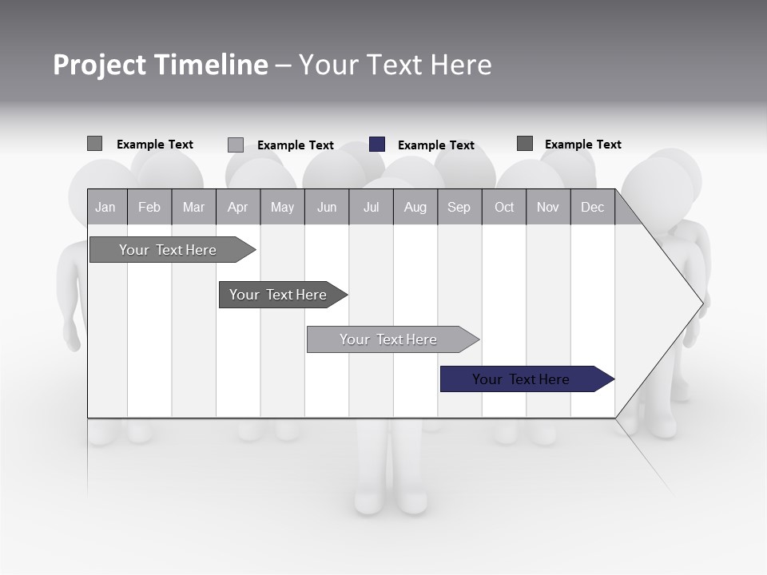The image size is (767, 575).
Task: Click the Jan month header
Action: pos(105,208)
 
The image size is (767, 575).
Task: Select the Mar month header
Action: pos(193,208)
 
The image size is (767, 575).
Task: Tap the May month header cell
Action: pos(282,208)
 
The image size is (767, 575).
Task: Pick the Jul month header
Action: pos(371,208)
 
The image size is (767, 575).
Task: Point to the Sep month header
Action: pos(459,208)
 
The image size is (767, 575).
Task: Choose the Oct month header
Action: pos(504,208)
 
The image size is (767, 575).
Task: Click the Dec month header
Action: pos(592,208)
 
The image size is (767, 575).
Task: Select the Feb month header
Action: pos(149,208)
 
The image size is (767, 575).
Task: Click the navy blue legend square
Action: pos(377,145)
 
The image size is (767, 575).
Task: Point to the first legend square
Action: pos(94,144)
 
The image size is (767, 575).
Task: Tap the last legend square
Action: pos(525,144)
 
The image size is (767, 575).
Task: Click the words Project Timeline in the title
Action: pos(161,65)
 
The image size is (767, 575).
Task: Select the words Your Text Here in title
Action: pos(395,65)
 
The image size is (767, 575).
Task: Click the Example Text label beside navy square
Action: pos(436,145)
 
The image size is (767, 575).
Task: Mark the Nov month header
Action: pos(548,208)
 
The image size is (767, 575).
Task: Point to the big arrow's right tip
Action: pos(702,303)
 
